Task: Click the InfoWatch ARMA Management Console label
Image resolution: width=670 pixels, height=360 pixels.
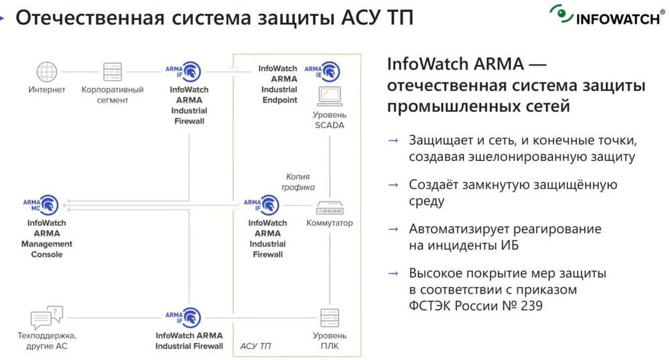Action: pos(46,239)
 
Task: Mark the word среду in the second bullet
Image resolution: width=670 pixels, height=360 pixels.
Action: pos(426,201)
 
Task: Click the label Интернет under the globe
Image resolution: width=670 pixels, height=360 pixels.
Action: pos(47,89)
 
